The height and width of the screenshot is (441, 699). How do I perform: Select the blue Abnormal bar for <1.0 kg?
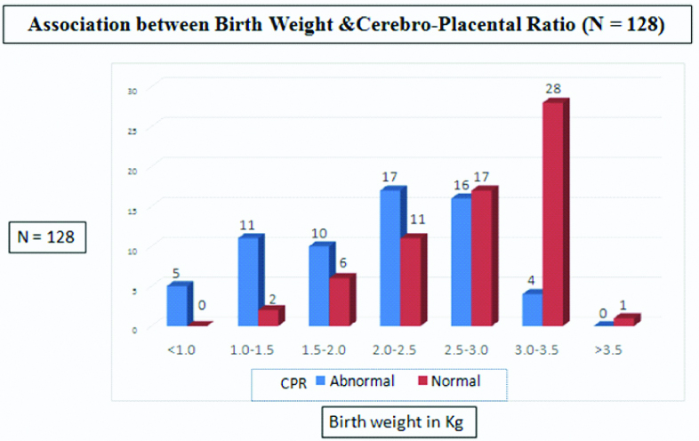tap(178, 305)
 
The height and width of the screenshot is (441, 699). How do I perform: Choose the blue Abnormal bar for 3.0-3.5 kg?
tap(532, 309)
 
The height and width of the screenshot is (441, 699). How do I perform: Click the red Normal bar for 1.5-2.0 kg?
tap(340, 301)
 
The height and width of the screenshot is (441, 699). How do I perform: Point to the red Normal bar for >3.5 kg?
tap(625, 321)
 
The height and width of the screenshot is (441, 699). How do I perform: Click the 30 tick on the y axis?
tap(133, 89)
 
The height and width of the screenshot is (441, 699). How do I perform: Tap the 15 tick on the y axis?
tap(133, 207)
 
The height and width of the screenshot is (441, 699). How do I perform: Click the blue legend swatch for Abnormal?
tap(321, 382)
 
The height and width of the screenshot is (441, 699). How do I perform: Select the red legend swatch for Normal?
tap(422, 382)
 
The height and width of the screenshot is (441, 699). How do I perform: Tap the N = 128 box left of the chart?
tap(49, 237)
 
